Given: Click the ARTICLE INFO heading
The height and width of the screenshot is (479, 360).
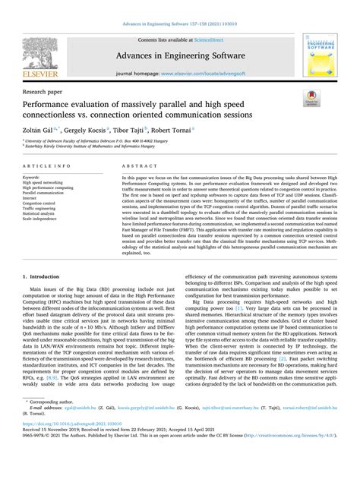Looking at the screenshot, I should [48, 164].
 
